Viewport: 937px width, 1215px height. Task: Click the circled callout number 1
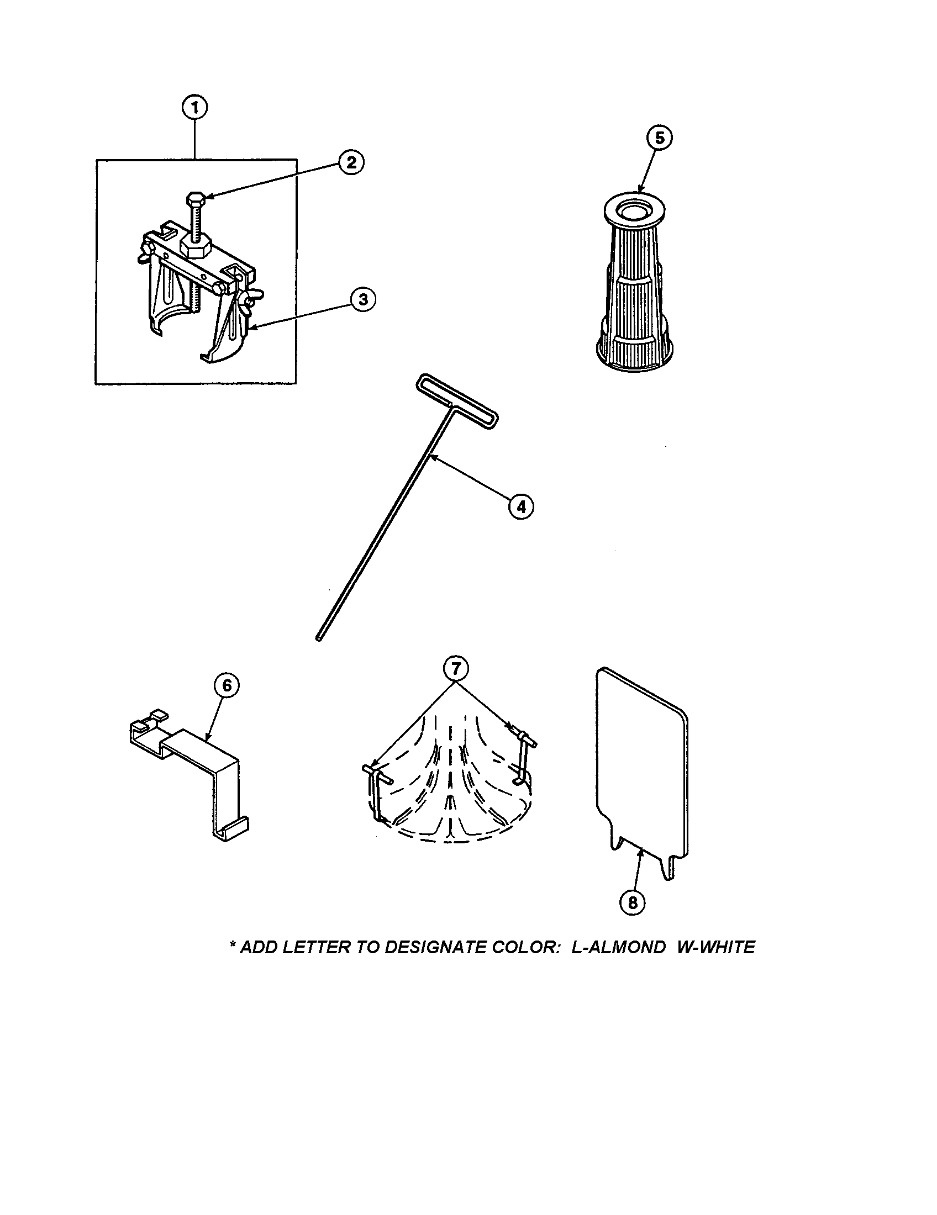[x=194, y=108]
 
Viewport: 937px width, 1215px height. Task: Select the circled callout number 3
[x=363, y=299]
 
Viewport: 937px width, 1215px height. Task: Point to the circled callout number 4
[x=520, y=506]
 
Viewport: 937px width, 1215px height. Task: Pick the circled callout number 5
[x=659, y=138]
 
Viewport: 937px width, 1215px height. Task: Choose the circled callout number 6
[x=227, y=686]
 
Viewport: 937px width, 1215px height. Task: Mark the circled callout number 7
[x=455, y=668]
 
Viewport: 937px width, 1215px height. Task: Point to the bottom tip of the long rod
[x=319, y=640]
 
